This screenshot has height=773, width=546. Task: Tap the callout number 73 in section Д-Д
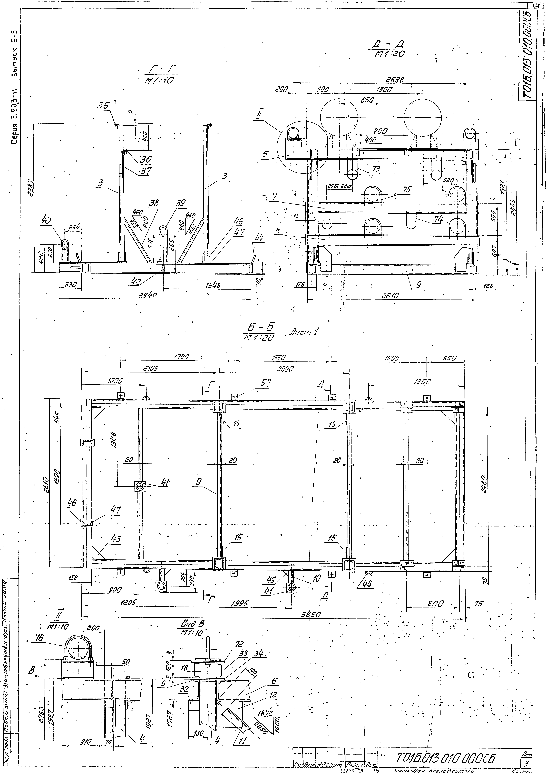[376, 168]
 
